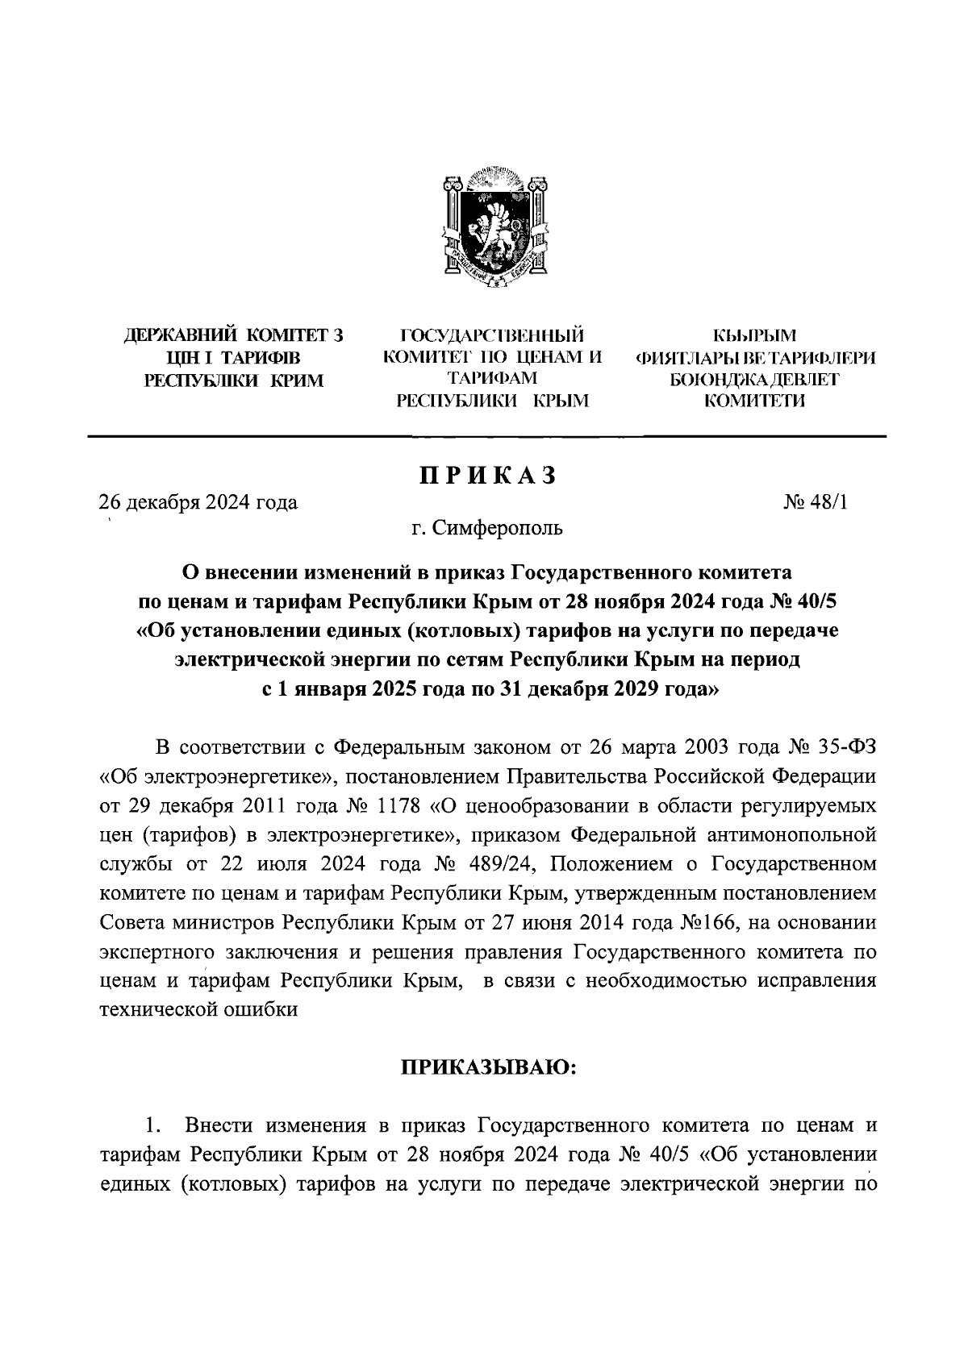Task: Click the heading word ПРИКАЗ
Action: tap(487, 476)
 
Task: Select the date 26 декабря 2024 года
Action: tap(198, 503)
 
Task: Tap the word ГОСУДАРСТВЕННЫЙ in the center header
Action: tap(492, 335)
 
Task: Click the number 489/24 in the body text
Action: tap(482, 864)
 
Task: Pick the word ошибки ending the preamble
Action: tap(264, 1010)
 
